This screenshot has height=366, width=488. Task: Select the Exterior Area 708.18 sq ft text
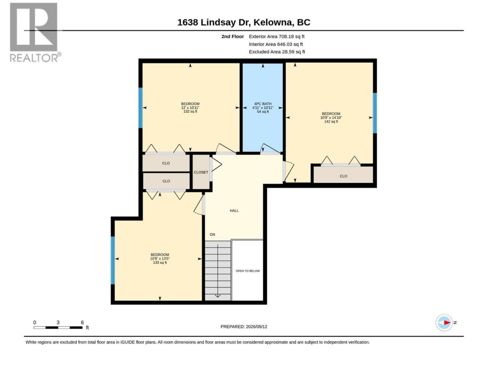(276, 37)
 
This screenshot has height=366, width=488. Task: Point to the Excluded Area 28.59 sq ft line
(277, 52)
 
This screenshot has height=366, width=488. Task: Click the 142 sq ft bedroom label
(331, 117)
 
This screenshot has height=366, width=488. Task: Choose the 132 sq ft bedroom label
(190, 108)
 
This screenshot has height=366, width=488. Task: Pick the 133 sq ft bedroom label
(160, 258)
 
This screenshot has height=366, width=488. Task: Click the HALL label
(234, 211)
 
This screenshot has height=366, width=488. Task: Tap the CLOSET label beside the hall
(201, 172)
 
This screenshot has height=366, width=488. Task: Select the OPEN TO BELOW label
(248, 271)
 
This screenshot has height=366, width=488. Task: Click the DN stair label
(212, 234)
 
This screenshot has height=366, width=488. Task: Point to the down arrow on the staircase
(218, 271)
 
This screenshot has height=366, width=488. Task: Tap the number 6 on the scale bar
(82, 322)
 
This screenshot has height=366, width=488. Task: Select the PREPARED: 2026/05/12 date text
(244, 327)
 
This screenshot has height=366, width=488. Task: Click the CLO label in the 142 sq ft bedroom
(343, 176)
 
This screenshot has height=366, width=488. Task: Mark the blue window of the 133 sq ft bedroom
(113, 260)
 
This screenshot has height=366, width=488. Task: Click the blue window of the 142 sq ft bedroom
(375, 113)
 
